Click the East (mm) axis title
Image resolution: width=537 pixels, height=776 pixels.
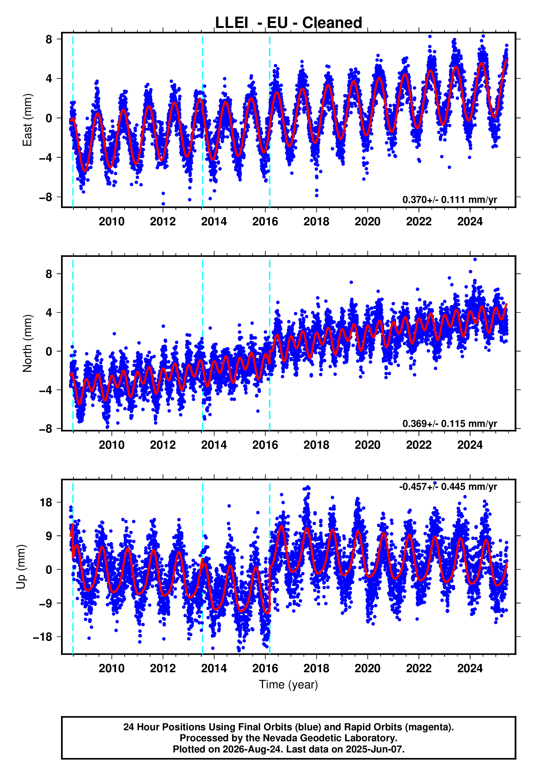pos(27,120)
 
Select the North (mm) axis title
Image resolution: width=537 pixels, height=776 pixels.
pos(27,343)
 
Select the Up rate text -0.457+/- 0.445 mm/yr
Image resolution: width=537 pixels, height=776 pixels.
pos(448,487)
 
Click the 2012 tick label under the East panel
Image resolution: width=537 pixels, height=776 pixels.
pos(163,222)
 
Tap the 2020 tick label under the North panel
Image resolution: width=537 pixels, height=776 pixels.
pos(367,445)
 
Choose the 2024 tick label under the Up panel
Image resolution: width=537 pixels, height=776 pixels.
pos(470,668)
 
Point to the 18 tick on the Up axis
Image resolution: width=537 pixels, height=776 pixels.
pos(46,503)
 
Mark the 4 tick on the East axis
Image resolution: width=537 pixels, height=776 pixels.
pos(49,79)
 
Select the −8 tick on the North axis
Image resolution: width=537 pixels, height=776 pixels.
pos(46,429)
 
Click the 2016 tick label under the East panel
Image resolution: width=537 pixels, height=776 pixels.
pos(265,222)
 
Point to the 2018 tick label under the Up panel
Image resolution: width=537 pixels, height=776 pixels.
pos(316,668)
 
